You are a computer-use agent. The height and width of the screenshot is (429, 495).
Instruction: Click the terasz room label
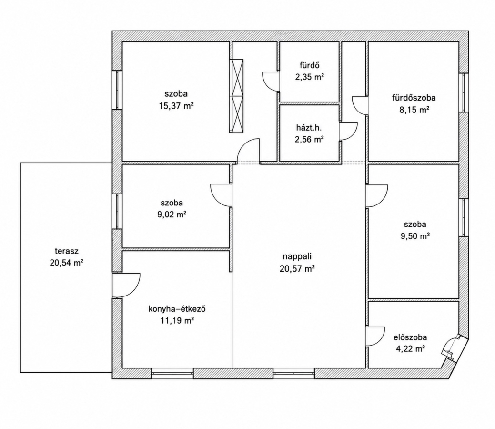tap(67, 252)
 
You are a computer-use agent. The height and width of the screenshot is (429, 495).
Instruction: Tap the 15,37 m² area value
tap(176, 106)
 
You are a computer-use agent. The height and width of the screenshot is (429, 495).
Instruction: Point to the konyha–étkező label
tap(177, 308)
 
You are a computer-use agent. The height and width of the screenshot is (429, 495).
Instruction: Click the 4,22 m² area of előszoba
tap(410, 349)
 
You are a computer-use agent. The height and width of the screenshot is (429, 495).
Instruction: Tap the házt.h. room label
tap(309, 128)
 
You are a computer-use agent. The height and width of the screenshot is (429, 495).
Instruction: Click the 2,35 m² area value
tap(310, 77)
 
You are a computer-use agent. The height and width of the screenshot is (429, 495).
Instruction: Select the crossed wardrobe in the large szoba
tap(237, 96)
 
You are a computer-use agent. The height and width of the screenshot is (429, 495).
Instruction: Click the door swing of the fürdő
tap(271, 82)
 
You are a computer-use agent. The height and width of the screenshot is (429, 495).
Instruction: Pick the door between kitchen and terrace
tap(126, 285)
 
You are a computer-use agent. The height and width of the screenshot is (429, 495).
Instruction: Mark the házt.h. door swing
tap(349, 131)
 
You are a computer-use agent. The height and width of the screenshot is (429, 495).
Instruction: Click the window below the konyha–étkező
tap(172, 373)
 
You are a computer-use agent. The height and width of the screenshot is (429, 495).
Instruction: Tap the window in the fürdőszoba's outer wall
tap(464, 92)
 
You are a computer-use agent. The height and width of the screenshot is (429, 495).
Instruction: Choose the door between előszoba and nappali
tap(376, 336)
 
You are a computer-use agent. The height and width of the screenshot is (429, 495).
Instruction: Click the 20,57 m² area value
tap(297, 268)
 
